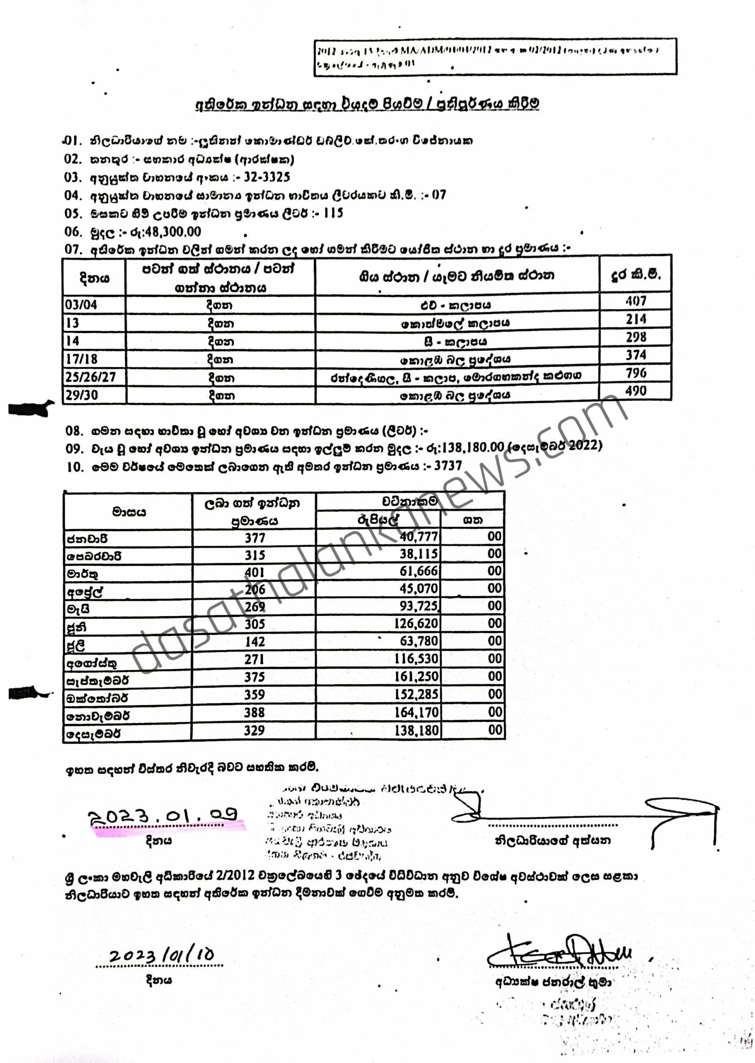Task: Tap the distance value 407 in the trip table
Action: click(x=635, y=301)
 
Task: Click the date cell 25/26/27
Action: click(x=90, y=377)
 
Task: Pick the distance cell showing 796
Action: click(x=635, y=373)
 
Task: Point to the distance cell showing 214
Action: click(x=635, y=319)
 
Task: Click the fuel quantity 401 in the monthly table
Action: click(x=255, y=572)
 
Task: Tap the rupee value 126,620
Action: click(x=416, y=624)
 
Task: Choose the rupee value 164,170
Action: click(x=416, y=712)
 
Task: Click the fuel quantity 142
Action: click(x=255, y=642)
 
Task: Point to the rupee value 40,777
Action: click(x=419, y=537)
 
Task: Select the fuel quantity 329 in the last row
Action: click(x=254, y=730)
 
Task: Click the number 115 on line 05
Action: click(x=333, y=213)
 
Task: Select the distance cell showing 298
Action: click(x=635, y=338)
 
